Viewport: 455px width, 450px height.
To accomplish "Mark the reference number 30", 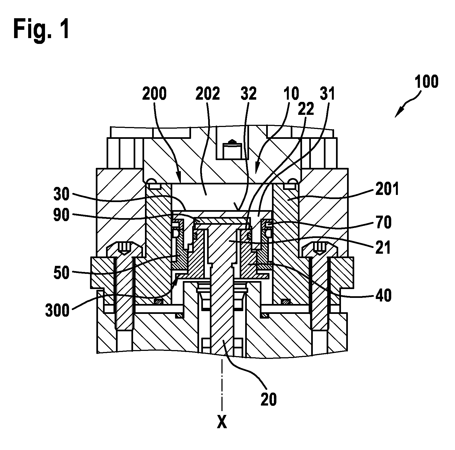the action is pos(61,194).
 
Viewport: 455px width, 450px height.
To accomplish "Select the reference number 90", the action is pos(61,215).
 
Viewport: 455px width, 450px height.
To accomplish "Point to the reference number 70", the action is pos(383,223).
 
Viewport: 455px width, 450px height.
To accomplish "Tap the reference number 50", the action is pos(61,273).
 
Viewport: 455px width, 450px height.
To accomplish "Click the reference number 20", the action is pos(268,399).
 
